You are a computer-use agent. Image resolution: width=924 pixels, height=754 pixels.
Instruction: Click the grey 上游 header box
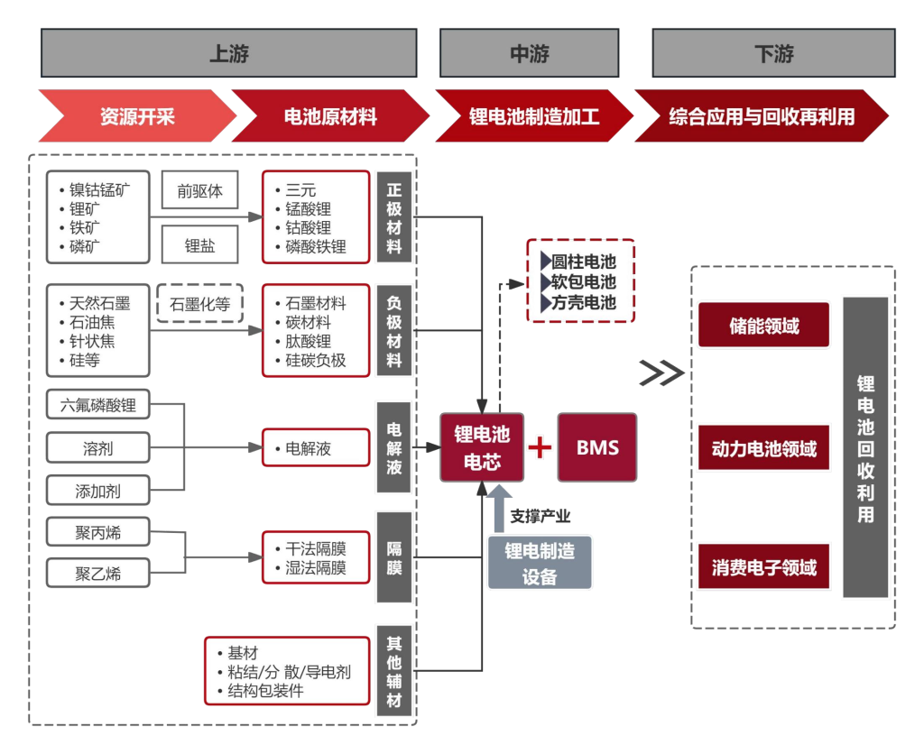pyautogui.click(x=228, y=53)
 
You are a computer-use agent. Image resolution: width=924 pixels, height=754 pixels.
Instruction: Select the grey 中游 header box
pyautogui.click(x=529, y=53)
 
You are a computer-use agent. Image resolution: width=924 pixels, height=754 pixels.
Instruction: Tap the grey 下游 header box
pyautogui.click(x=773, y=53)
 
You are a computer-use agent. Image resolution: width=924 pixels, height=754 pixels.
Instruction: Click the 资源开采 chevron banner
pyautogui.click(x=135, y=116)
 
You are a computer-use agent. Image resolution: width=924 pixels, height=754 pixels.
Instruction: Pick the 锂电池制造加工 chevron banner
pyautogui.click(x=534, y=116)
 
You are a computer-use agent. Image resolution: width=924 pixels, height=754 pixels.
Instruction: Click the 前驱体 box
pyautogui.click(x=199, y=191)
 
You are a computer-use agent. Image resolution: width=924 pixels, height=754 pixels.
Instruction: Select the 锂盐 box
pyautogui.click(x=199, y=245)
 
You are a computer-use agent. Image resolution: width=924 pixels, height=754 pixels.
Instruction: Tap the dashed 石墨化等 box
pyautogui.click(x=200, y=304)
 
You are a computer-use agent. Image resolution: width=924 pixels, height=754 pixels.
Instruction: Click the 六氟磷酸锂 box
pyautogui.click(x=98, y=406)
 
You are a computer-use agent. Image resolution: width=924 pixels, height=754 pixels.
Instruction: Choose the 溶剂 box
pyautogui.click(x=98, y=448)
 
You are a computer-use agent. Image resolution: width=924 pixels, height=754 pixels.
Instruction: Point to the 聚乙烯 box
pyautogui.click(x=98, y=573)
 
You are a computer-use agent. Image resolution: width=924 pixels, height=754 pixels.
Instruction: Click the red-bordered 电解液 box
pyautogui.click(x=316, y=447)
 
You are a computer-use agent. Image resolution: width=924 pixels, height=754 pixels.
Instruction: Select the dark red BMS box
pyautogui.click(x=597, y=447)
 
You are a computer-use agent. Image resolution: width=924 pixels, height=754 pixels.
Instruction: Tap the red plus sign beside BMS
pyautogui.click(x=540, y=447)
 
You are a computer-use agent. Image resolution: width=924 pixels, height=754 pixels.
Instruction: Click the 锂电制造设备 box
pyautogui.click(x=540, y=563)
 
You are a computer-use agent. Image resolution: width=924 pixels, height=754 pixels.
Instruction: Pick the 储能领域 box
pyautogui.click(x=763, y=326)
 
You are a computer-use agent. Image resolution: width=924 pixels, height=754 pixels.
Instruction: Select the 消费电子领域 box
pyautogui.click(x=763, y=567)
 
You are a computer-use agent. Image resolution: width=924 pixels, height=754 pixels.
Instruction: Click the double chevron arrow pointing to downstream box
pyautogui.click(x=661, y=372)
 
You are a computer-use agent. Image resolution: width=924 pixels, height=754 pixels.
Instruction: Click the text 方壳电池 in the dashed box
pyautogui.click(x=584, y=303)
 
